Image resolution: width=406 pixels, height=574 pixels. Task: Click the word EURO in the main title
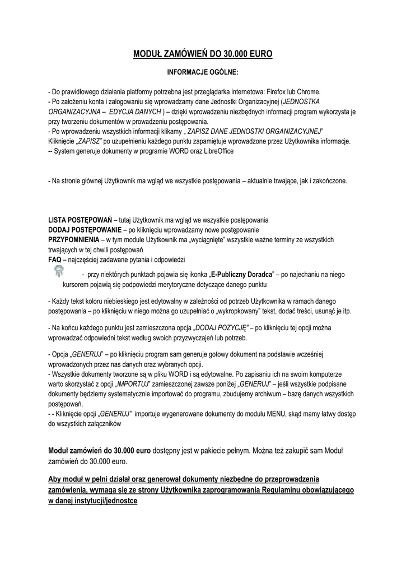(258, 54)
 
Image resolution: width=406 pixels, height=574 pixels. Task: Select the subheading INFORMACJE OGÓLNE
(203, 73)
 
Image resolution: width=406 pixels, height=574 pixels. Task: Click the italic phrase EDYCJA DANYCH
(133, 112)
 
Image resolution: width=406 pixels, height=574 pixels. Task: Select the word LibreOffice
(214, 151)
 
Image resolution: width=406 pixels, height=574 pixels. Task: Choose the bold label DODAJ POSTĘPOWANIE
(85, 230)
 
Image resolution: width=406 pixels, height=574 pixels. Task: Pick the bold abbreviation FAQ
(55, 260)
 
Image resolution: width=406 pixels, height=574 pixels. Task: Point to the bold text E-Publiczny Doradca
(241, 275)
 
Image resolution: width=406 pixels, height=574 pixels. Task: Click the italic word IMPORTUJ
(132, 385)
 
